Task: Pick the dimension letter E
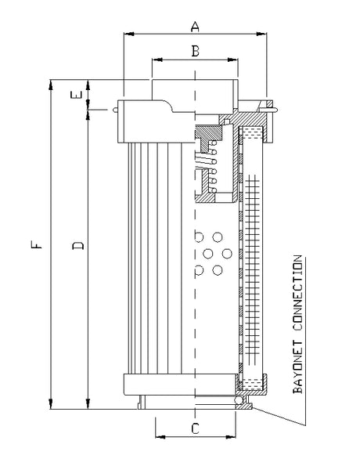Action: click(75, 96)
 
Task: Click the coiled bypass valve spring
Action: click(206, 169)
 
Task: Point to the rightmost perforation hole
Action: click(228, 253)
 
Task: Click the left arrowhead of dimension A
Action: click(128, 34)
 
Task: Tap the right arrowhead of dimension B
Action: click(234, 60)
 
